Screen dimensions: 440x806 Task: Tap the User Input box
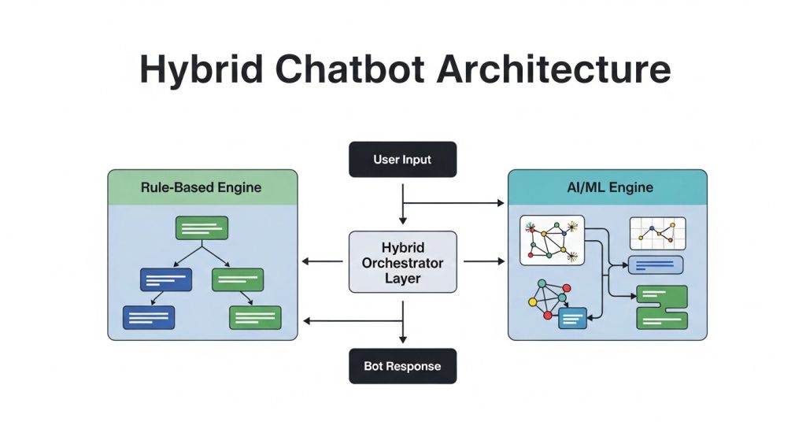[x=402, y=160]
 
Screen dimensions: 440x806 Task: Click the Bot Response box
[x=402, y=366]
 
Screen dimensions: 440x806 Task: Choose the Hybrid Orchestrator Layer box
[x=402, y=261]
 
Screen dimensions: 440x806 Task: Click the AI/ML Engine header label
[x=607, y=188]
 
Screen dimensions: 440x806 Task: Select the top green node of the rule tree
[x=202, y=228]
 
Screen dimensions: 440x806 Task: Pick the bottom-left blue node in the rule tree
[x=149, y=317]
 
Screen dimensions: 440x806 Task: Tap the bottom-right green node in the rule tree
[x=255, y=317]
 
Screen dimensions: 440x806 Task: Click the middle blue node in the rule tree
[x=166, y=279]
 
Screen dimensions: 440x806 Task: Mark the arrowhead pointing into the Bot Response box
[x=403, y=339]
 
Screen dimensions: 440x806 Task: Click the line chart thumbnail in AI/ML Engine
[x=657, y=234]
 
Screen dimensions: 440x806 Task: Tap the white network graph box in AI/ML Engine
[x=553, y=240]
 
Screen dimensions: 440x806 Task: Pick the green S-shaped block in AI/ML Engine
[x=661, y=307]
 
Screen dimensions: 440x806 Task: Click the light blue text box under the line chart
[x=654, y=264]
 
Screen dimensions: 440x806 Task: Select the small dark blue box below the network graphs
[x=573, y=318]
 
